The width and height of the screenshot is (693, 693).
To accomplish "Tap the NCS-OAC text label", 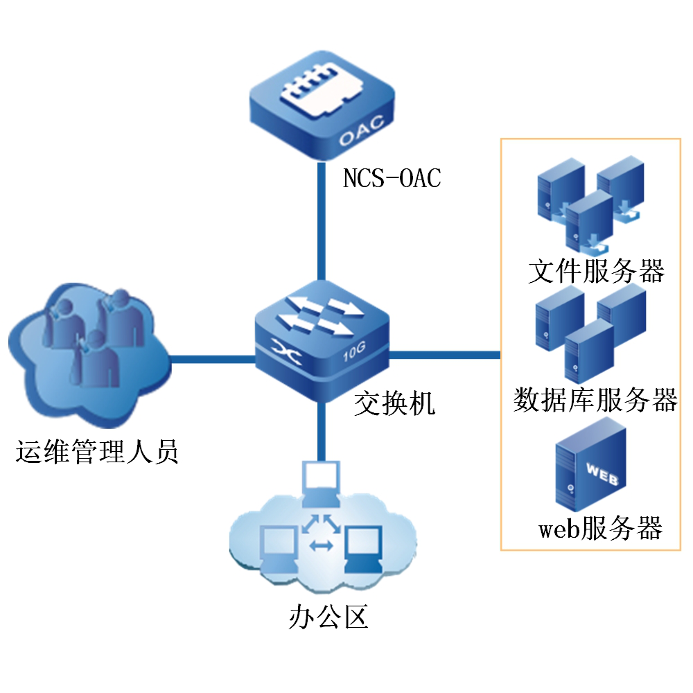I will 392,179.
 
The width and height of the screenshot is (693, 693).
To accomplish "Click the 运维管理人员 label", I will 98,453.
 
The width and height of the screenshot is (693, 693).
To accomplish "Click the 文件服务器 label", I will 596,271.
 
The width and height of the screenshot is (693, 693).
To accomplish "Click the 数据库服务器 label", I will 595,401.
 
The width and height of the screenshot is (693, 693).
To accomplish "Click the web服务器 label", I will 600,530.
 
